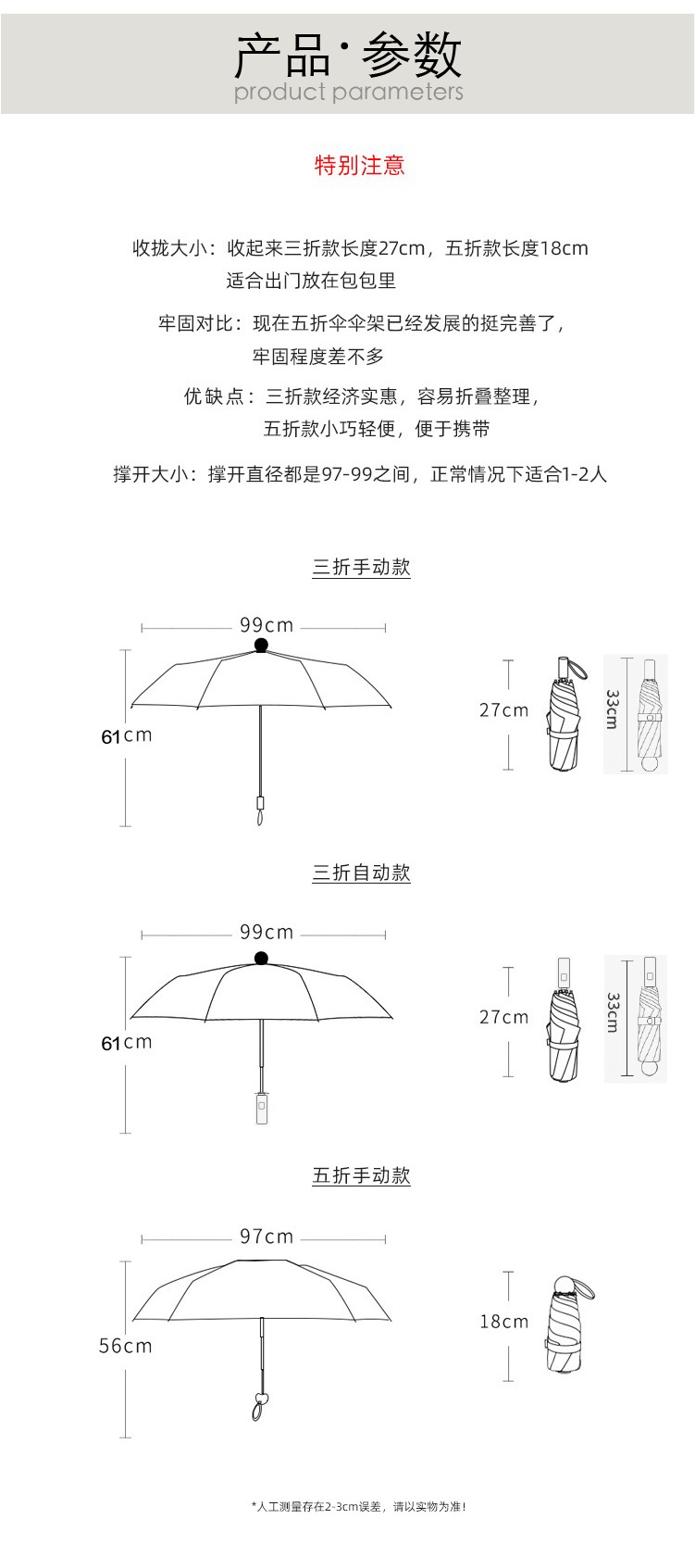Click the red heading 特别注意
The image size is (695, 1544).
[359, 166]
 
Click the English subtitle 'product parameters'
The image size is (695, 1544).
[348, 92]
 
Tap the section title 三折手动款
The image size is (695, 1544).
[361, 568]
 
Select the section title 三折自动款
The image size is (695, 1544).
[361, 872]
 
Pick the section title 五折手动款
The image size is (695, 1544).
[361, 1175]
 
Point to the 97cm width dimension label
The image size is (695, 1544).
[267, 1236]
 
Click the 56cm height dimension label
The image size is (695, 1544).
[125, 1346]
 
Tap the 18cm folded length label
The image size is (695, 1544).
[504, 1322]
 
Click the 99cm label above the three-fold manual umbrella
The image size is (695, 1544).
[267, 625]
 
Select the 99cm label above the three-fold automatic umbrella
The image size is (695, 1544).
[267, 932]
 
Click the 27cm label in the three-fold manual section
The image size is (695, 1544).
[504, 710]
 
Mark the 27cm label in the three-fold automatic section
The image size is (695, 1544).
[504, 1017]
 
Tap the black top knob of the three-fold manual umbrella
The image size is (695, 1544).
[261, 645]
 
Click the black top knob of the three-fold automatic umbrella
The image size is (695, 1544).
[261, 958]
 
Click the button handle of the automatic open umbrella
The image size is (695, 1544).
[262, 1108]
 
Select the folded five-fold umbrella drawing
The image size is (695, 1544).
[565, 1324]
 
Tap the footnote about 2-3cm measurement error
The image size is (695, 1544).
[358, 1507]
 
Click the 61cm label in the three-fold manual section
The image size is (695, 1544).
[126, 736]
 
